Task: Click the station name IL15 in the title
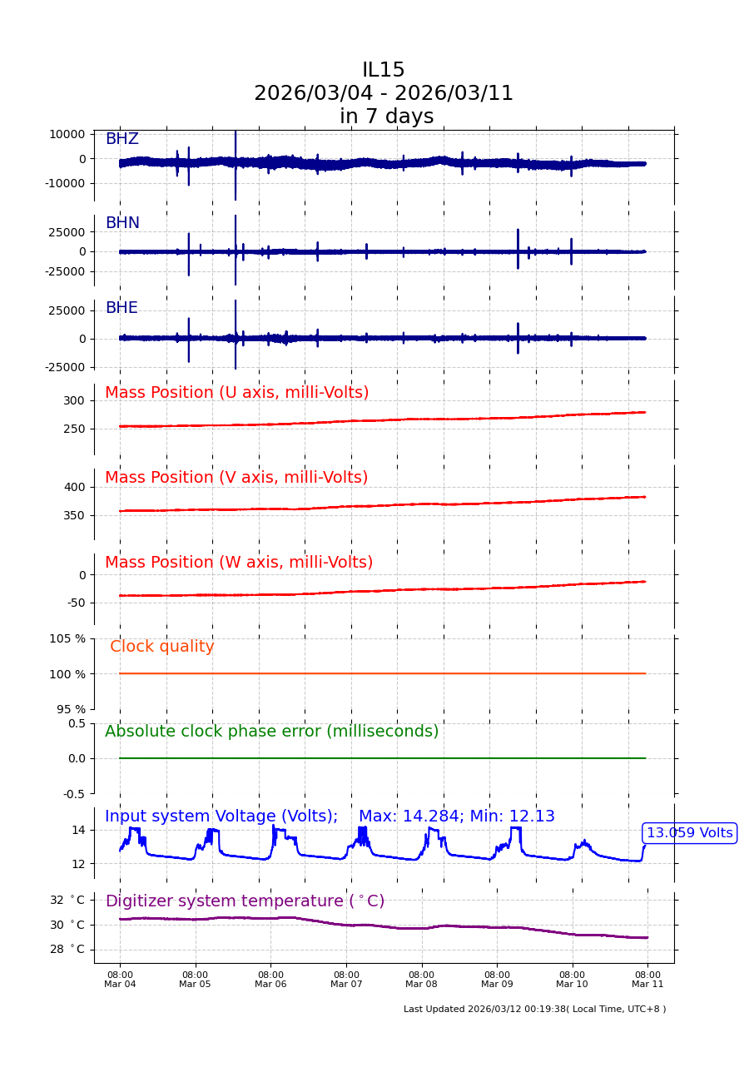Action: click(x=383, y=71)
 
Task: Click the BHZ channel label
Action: click(x=122, y=139)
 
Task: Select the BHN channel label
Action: click(x=122, y=223)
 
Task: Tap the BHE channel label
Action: click(x=122, y=308)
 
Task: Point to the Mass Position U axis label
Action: click(x=236, y=393)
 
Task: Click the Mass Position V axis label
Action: click(x=236, y=478)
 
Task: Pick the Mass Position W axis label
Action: click(x=239, y=563)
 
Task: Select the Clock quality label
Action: click(x=162, y=647)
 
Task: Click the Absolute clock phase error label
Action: click(x=271, y=732)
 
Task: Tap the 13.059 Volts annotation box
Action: click(x=689, y=833)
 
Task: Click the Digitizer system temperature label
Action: click(x=245, y=901)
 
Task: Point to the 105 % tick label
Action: click(x=67, y=638)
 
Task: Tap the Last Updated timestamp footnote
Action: click(x=534, y=1009)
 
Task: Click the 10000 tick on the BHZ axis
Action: click(x=66, y=134)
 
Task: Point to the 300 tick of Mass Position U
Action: click(x=73, y=400)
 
